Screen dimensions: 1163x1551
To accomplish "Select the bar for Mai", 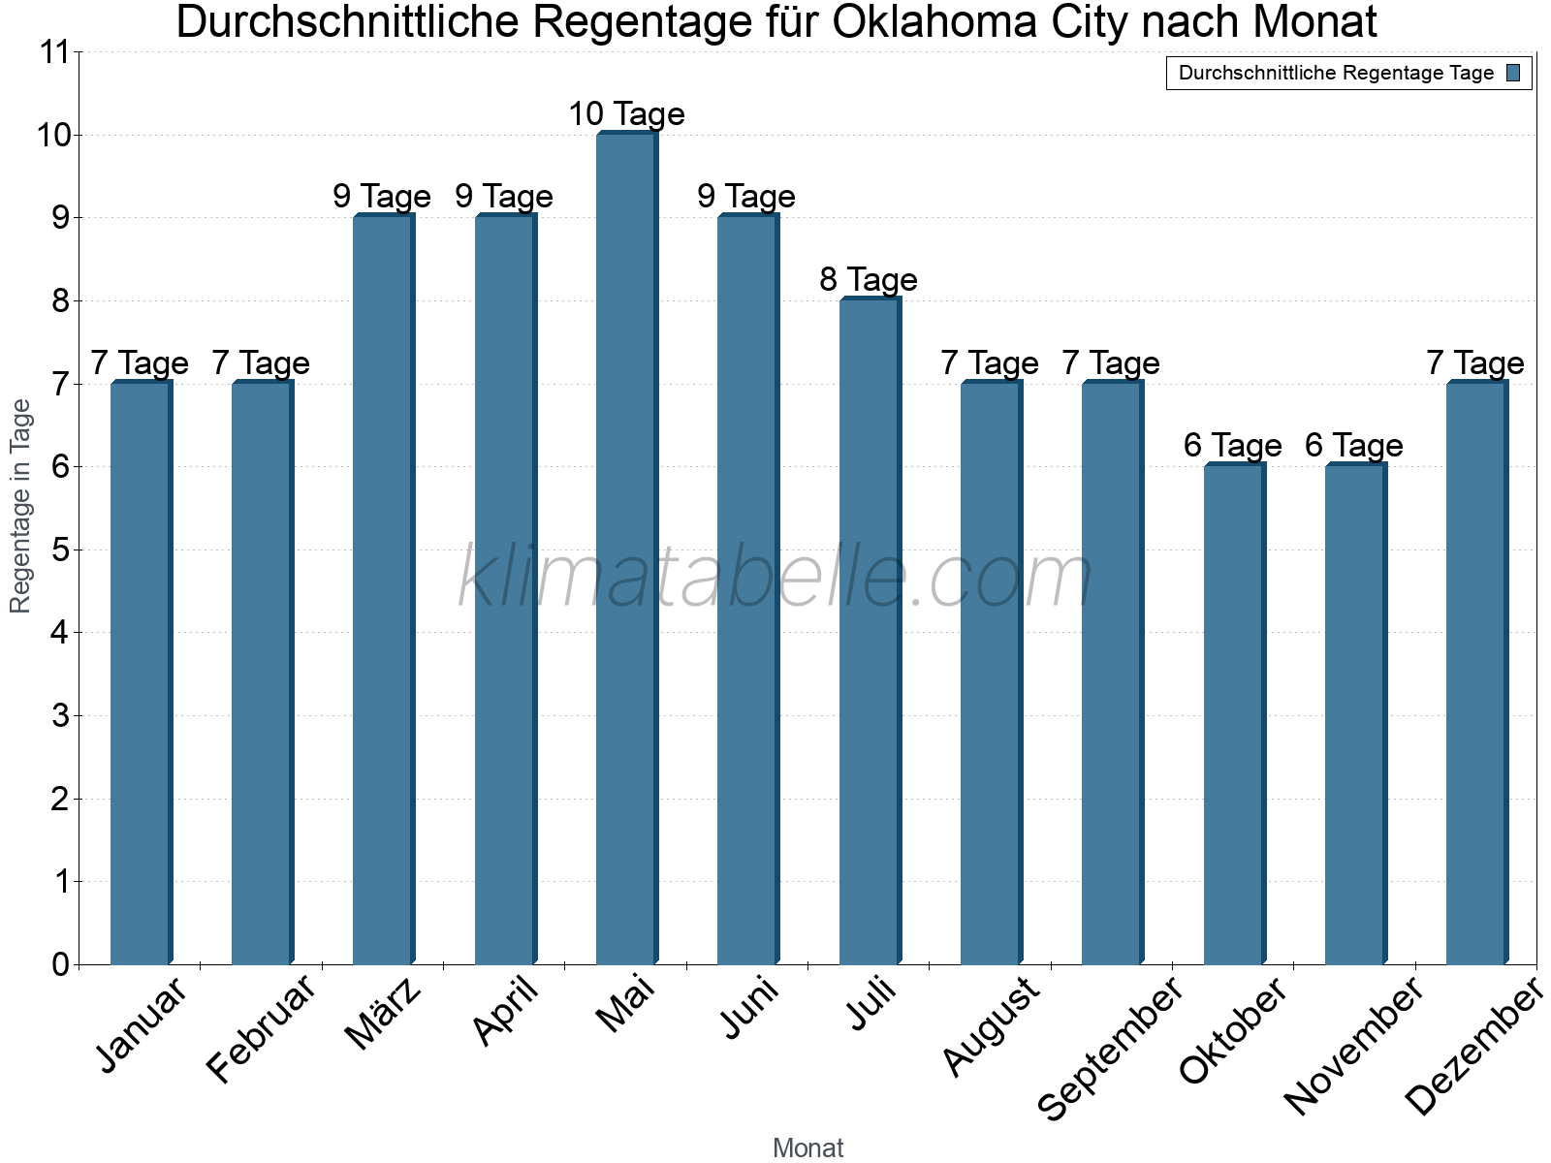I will pyautogui.click(x=626, y=549).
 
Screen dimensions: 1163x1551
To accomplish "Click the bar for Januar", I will pyautogui.click(x=141, y=673).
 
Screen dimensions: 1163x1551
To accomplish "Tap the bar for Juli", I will pyautogui.click(x=870, y=631).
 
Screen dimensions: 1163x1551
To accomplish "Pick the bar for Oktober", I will pyautogui.click(x=1234, y=714).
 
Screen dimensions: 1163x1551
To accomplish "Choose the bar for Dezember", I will pyautogui.click(x=1476, y=673).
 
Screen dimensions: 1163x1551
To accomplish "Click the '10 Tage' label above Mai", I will pyautogui.click(x=626, y=114).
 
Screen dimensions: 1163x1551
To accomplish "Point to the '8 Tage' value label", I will pyautogui.click(x=869, y=280).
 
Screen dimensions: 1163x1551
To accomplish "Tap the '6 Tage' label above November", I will pyautogui.click(x=1354, y=446).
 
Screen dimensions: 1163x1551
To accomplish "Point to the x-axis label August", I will pyautogui.click(x=991, y=1027).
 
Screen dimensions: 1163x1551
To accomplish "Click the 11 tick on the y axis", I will pyautogui.click(x=55, y=52).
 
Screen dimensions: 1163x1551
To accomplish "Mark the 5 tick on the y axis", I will pyautogui.click(x=61, y=550).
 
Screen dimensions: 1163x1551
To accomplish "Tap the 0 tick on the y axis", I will pyautogui.click(x=61, y=965).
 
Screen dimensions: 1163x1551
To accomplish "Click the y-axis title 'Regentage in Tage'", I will pyautogui.click(x=21, y=506).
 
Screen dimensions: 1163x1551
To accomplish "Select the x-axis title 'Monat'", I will pyautogui.click(x=807, y=1148).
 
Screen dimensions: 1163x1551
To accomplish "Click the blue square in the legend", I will pyautogui.click(x=1514, y=73).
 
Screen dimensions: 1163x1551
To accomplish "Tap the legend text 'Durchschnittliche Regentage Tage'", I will pyautogui.click(x=1336, y=73).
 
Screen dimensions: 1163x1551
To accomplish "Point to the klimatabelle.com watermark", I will pyautogui.click(x=775, y=578).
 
